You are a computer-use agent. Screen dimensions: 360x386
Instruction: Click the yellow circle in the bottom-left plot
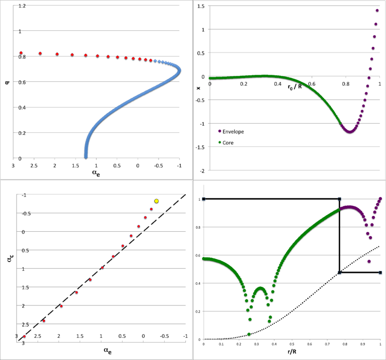pos(156,201)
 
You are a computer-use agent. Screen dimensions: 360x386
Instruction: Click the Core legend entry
pos(229,142)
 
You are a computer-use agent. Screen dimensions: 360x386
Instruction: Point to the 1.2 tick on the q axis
pos(20,6)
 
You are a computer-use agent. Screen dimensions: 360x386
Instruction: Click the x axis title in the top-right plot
pos(199,88)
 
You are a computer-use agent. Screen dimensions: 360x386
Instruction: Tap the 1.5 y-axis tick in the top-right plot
pos(201,6)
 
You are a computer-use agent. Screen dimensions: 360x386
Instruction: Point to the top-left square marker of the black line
pos(204,199)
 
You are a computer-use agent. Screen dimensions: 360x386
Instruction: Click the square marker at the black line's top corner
pos(339,199)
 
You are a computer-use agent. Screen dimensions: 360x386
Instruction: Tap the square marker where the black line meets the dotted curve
pos(339,272)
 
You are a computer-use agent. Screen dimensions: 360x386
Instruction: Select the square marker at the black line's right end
pos(380,272)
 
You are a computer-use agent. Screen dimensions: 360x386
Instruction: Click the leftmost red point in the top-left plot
pos(21,53)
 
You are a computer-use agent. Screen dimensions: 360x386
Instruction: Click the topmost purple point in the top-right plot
pos(378,11)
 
